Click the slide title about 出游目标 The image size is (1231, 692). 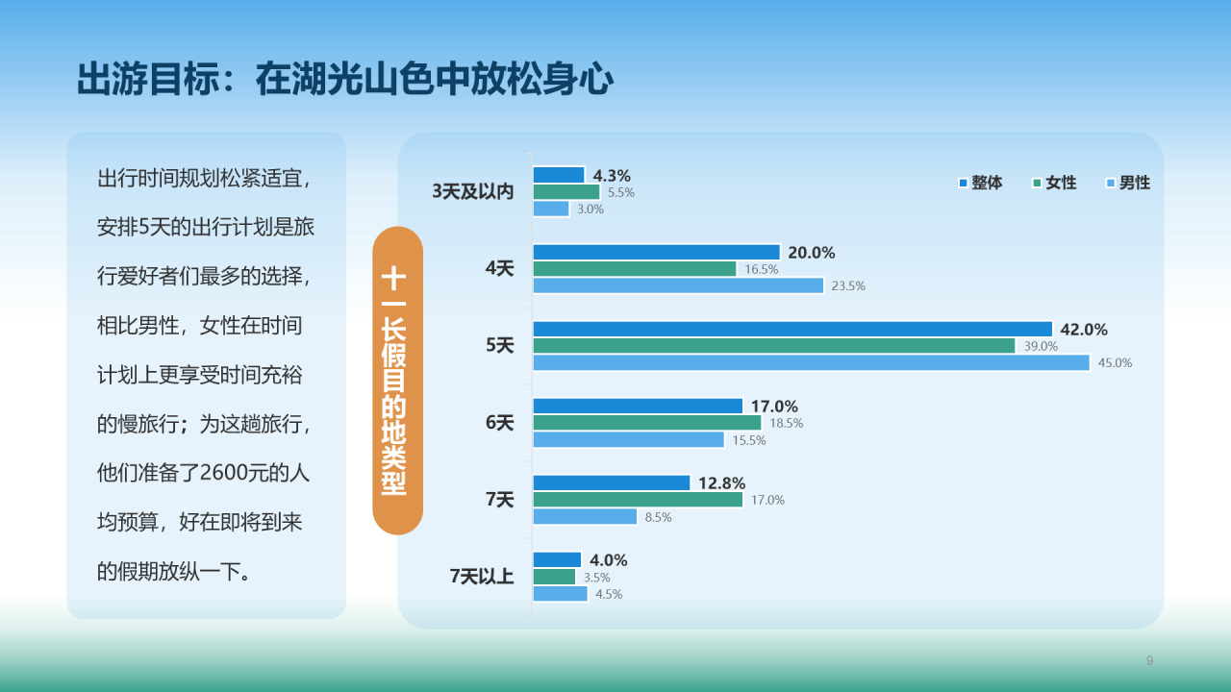coord(344,80)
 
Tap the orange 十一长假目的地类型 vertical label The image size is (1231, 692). coord(396,381)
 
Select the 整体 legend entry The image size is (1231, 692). coord(980,183)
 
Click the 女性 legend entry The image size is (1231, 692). coord(1054,183)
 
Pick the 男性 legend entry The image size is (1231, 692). coord(1128,183)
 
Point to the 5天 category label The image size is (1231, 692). coord(500,346)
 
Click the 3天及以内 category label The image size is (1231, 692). coord(473,192)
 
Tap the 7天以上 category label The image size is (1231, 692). coord(482,577)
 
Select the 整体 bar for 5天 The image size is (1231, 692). coord(792,329)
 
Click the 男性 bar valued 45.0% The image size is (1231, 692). coord(811,362)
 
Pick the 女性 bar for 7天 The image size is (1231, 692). coord(638,500)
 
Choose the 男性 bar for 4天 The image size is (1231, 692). coord(678,285)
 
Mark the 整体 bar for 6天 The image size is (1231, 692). coord(638,406)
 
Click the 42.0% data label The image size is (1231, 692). coord(1084,330)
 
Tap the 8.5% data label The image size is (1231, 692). coord(658,517)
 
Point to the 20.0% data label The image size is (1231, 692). coord(812,253)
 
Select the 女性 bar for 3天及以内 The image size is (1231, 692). coord(565,192)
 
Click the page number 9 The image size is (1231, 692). coord(1149,660)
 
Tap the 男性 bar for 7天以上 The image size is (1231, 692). coord(560,594)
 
